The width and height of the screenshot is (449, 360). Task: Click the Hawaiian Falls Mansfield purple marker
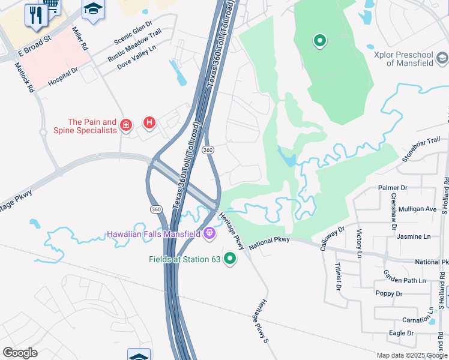(209, 233)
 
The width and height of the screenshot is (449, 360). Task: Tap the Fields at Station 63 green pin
(229, 259)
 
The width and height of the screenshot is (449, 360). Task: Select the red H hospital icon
(149, 123)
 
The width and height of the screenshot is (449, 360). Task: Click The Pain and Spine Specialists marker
(125, 125)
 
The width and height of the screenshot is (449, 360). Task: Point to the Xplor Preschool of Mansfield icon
(442, 58)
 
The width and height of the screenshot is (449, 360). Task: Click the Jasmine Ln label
(414, 236)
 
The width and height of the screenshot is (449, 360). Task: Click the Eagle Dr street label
(402, 333)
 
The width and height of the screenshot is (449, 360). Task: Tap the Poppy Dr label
(388, 294)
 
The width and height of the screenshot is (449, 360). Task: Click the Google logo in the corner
(20, 353)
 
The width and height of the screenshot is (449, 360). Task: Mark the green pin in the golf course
(320, 41)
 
